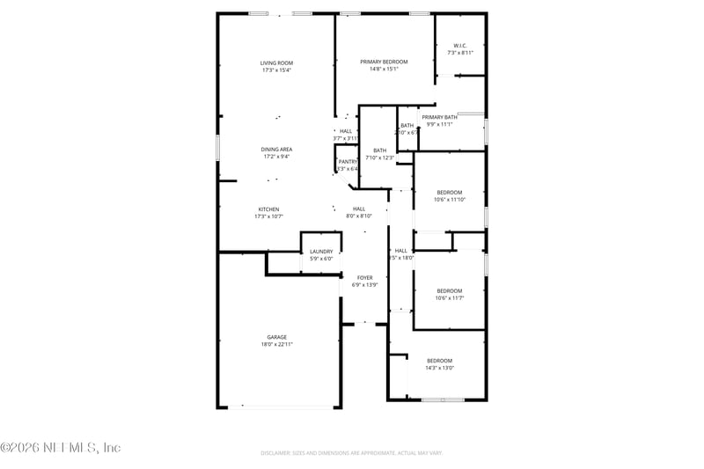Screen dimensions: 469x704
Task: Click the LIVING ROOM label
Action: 276,62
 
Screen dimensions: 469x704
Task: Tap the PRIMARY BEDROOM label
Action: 384,62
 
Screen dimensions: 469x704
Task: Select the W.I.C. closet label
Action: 459,46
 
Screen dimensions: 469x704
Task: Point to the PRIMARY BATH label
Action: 439,117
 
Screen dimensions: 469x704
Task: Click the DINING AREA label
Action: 276,150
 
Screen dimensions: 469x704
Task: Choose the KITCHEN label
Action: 268,209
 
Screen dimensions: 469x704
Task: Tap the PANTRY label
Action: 348,162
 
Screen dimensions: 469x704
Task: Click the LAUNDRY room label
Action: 321,252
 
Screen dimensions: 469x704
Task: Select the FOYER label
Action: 364,277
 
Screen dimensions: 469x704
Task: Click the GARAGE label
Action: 277,337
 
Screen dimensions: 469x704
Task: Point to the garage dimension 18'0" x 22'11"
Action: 277,344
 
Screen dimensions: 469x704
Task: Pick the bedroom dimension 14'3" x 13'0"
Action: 439,368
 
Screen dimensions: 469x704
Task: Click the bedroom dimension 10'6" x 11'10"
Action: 450,200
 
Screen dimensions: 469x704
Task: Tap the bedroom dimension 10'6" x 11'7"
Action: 450,298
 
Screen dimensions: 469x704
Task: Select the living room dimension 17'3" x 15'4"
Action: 276,70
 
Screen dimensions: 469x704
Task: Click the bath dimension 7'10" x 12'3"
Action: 379,158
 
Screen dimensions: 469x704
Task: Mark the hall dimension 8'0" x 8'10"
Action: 359,216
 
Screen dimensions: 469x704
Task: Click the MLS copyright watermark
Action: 61,448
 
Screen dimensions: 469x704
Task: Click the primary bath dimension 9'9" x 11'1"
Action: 439,124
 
